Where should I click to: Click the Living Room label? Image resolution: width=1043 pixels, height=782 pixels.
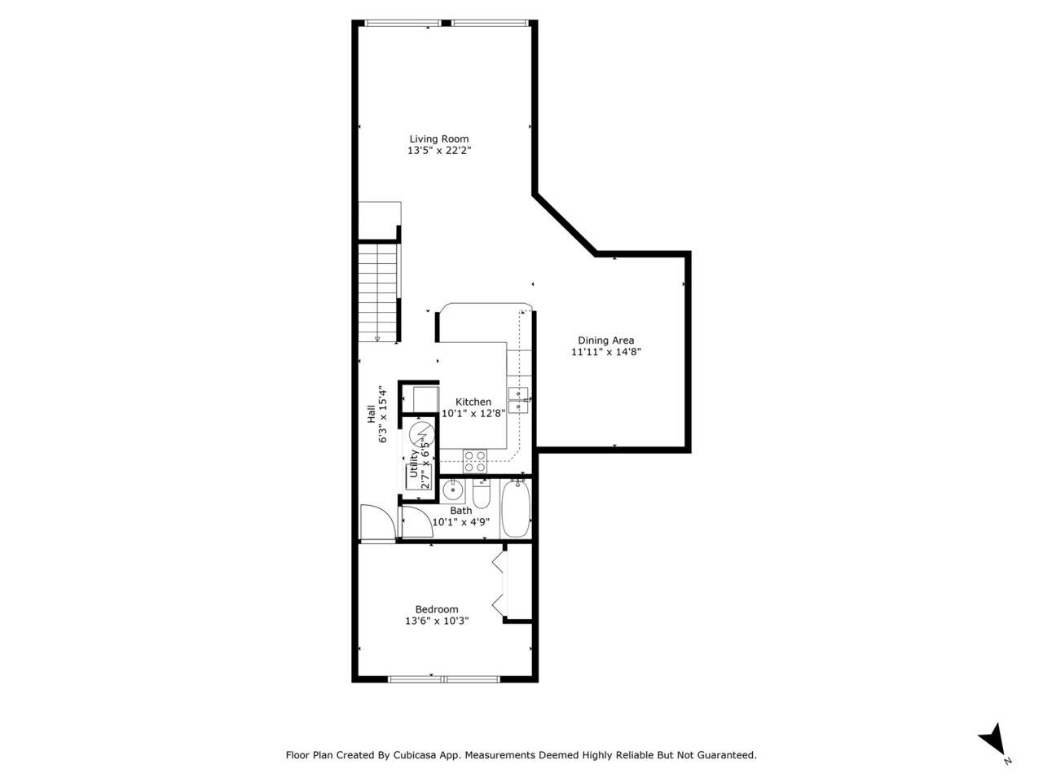click(438, 138)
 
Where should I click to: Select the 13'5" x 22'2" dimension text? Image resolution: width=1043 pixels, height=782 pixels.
click(438, 151)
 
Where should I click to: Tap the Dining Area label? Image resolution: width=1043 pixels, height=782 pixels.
click(605, 340)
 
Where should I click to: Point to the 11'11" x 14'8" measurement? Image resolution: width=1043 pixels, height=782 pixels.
click(606, 352)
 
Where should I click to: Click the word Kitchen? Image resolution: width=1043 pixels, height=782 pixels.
click(473, 402)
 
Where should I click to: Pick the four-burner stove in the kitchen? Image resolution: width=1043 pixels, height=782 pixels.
click(475, 461)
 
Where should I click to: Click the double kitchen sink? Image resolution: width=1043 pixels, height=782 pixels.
click(518, 400)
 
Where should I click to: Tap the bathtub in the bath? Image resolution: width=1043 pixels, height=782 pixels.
click(515, 508)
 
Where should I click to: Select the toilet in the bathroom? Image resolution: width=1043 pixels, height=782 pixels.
click(481, 494)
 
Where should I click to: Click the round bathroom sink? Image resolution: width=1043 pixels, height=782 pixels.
click(453, 491)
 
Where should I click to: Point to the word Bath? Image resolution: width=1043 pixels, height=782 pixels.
click(460, 511)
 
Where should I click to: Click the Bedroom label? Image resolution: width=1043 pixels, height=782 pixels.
click(436, 609)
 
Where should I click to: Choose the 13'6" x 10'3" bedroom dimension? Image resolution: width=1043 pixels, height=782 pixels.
click(437, 621)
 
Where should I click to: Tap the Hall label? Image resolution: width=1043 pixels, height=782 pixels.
click(371, 414)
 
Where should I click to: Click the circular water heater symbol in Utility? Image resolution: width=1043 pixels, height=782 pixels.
click(422, 433)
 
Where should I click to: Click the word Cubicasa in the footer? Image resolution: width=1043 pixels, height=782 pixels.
click(412, 755)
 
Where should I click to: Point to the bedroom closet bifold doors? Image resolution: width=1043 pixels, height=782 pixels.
click(499, 583)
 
